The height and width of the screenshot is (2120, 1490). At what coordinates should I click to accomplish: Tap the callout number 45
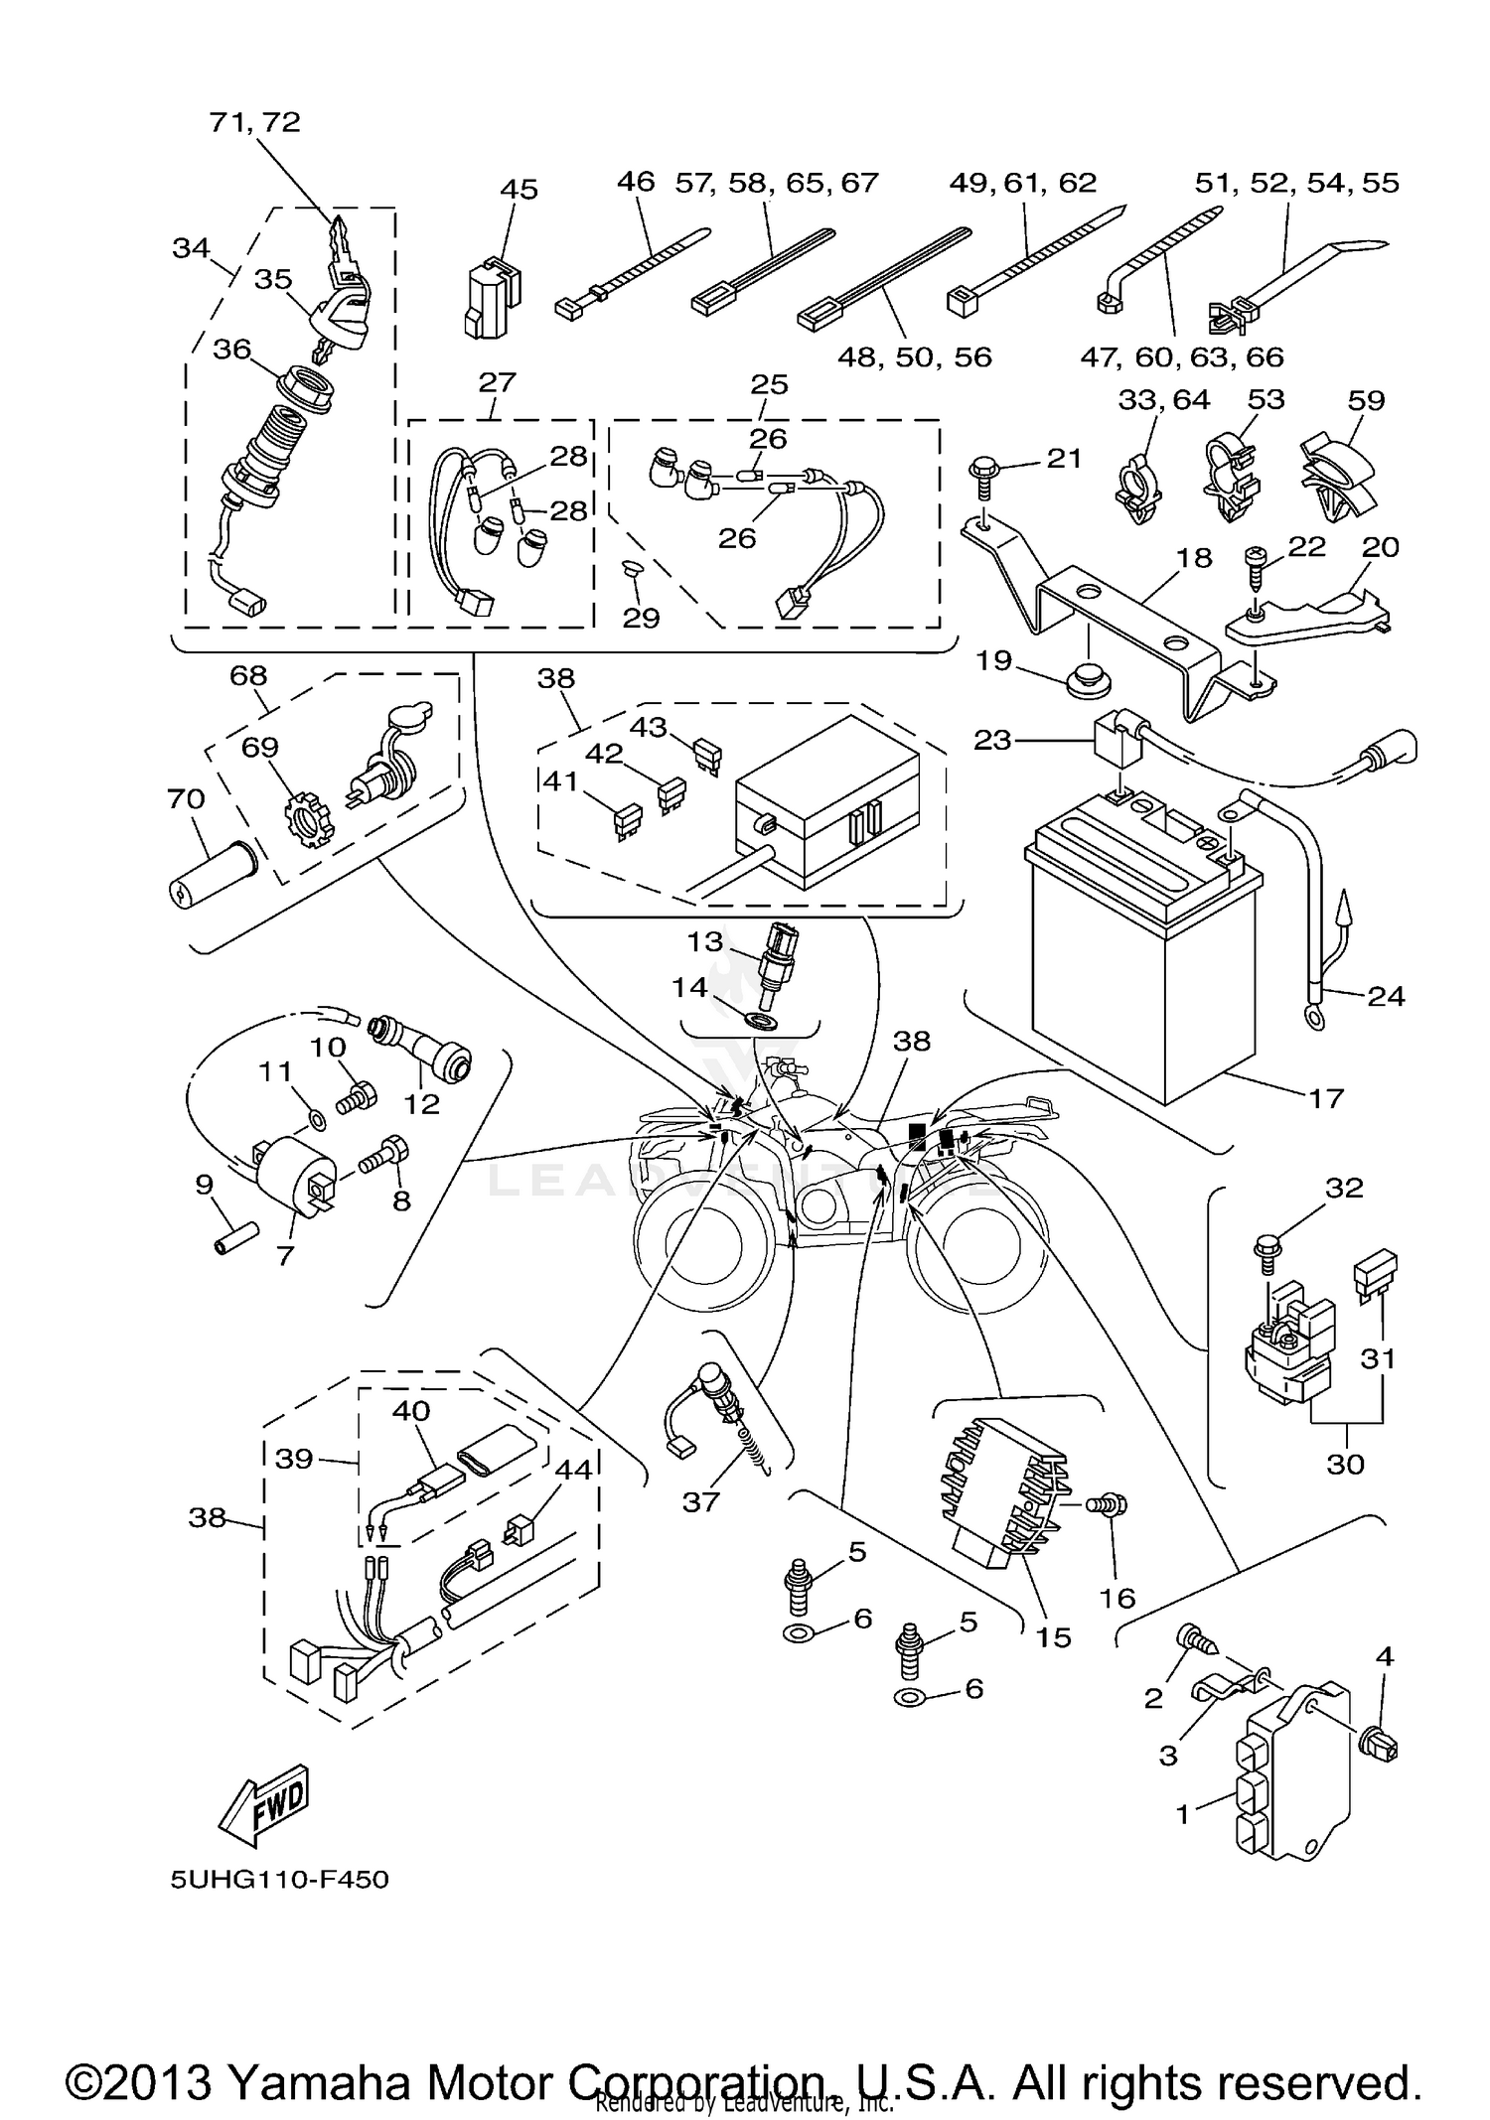coord(519,189)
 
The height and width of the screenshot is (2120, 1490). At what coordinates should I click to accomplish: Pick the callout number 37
coord(700,1502)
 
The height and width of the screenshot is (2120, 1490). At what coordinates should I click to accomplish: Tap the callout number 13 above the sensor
coord(705,940)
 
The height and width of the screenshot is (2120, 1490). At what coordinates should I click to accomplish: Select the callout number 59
coord(1366,400)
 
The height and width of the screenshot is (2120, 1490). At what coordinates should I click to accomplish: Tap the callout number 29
coord(641,618)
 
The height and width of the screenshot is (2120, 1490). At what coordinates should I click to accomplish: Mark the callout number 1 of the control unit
coord(1182,1813)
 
